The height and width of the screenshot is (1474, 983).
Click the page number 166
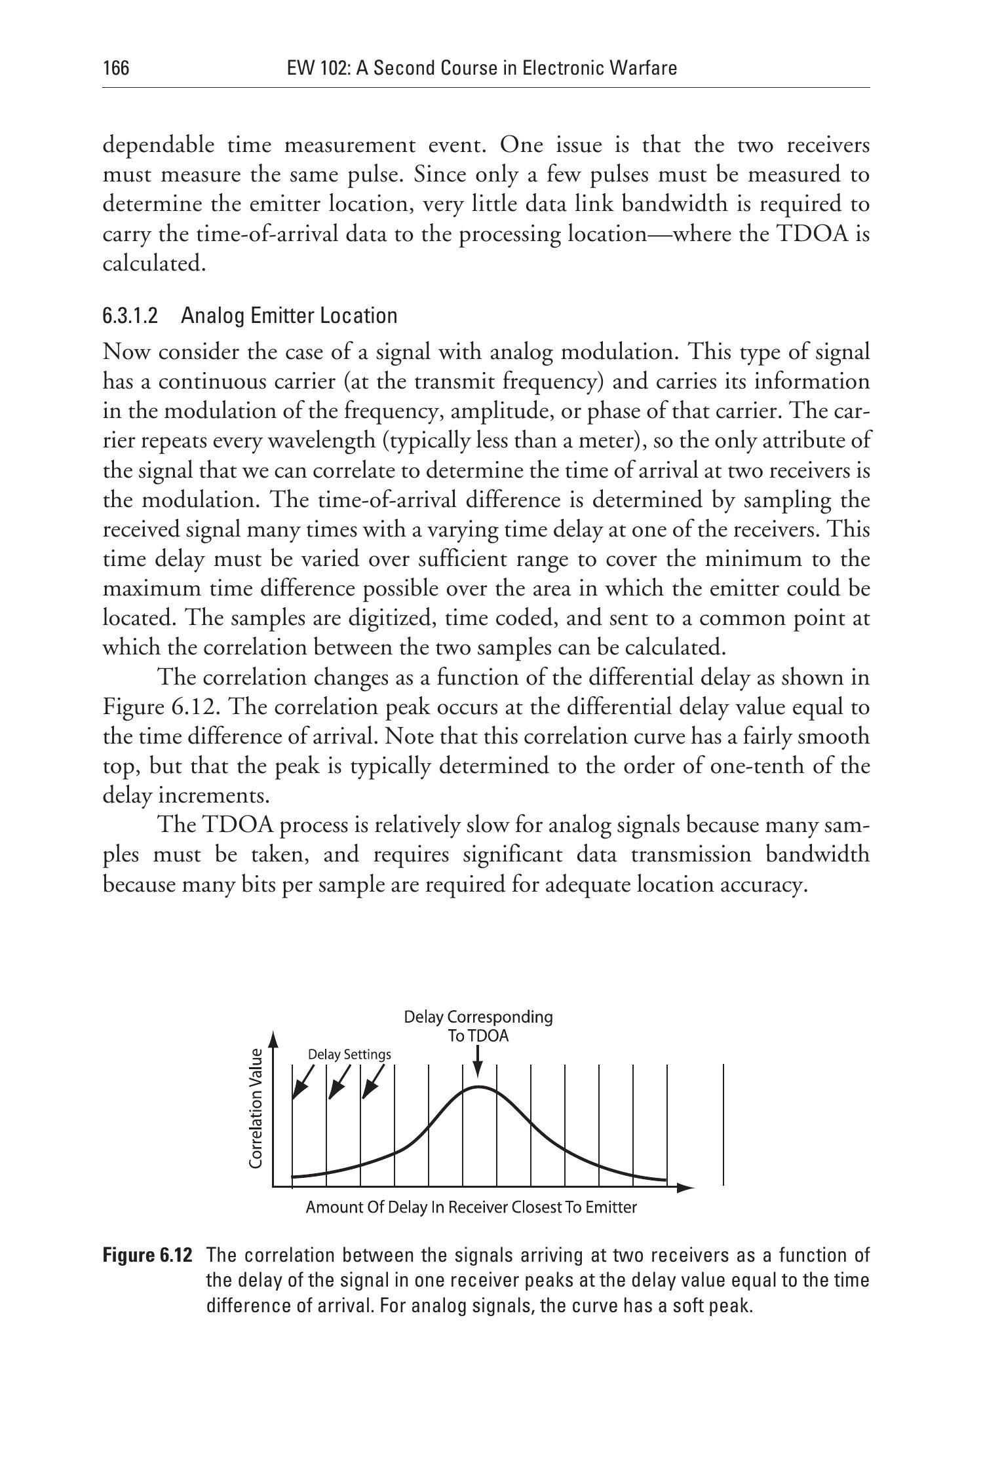[x=116, y=68]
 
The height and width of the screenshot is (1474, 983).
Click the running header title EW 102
[x=482, y=68]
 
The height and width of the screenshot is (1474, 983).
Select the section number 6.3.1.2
[x=130, y=316]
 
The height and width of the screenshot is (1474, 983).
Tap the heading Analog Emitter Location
[x=289, y=316]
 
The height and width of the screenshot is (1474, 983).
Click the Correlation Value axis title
[x=256, y=1108]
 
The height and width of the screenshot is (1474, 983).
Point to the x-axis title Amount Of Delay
[x=471, y=1207]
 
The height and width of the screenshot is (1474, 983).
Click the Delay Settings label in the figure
[x=349, y=1054]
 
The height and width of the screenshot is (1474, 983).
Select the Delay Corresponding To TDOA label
[x=478, y=1026]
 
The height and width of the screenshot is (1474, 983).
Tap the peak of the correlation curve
[x=479, y=1087]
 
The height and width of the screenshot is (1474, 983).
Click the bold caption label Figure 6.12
[x=147, y=1255]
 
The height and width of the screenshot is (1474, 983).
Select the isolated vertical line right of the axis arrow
[x=723, y=1124]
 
